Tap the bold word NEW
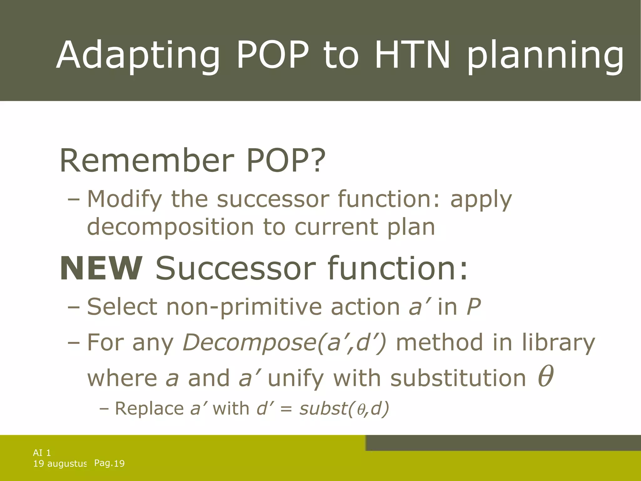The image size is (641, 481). (101, 268)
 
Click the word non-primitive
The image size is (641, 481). (244, 307)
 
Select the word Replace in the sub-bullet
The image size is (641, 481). (149, 408)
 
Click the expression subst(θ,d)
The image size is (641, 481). (344, 408)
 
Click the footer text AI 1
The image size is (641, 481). (42, 453)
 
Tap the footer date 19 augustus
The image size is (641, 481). (60, 463)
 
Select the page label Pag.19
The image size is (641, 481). (109, 463)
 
